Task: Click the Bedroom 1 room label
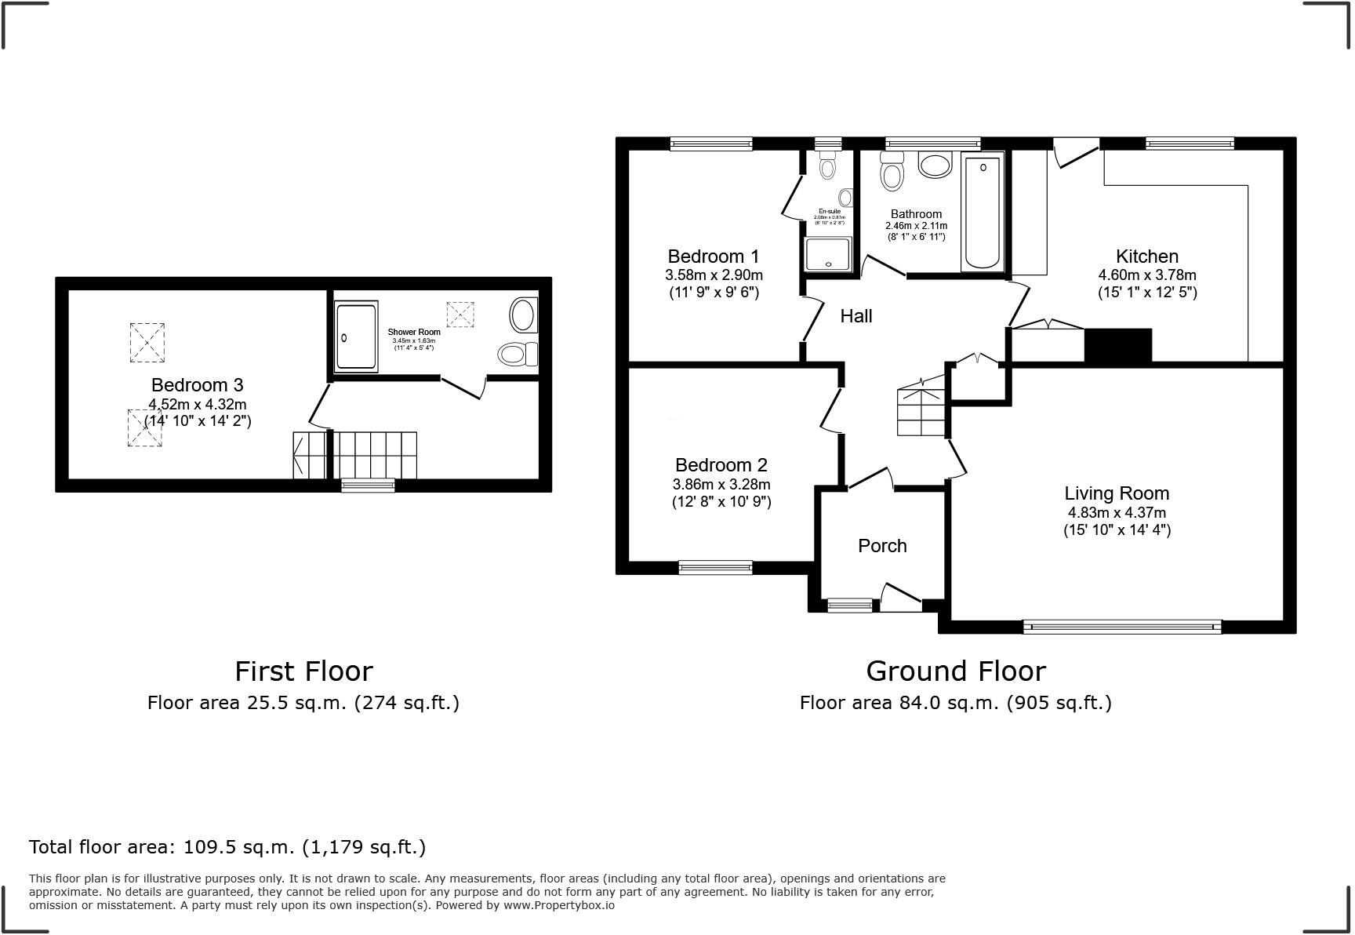[x=713, y=256]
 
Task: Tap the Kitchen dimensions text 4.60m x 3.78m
[x=1146, y=275]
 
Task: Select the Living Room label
[x=1116, y=493]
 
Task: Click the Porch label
[x=882, y=546]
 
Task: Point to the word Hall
[x=856, y=316]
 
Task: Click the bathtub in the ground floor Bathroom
[x=982, y=212]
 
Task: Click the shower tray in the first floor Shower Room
[x=356, y=336]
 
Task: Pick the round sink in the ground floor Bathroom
[x=934, y=166]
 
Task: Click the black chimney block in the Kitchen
[x=1117, y=346]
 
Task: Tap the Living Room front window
[x=1122, y=627]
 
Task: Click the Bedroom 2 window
[x=715, y=567]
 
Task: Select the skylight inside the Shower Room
[x=460, y=315]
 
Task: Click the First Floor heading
[x=303, y=671]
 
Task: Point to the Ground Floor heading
[x=955, y=671]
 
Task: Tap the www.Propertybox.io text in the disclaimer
[x=558, y=905]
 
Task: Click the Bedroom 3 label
[x=197, y=385]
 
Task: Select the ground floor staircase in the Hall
[x=921, y=408]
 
